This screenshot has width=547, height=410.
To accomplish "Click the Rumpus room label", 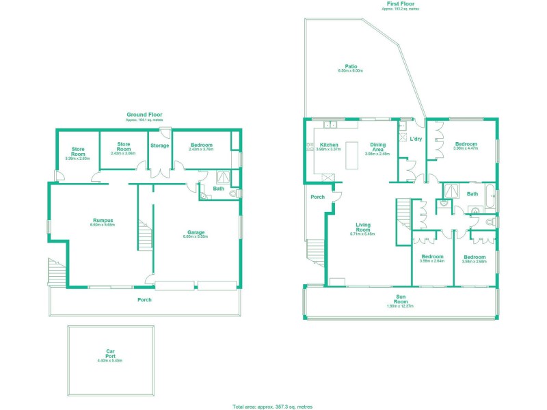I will (103, 221).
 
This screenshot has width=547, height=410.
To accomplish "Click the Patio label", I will (351, 66).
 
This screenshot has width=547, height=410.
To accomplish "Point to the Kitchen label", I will (330, 145).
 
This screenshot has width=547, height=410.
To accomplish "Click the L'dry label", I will (416, 139).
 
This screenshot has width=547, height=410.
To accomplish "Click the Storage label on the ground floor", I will (160, 146).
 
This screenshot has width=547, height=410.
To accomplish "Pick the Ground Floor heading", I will (144, 114).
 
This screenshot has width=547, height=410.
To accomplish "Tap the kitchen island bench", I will (353, 155).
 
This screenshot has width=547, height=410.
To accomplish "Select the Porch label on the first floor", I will (317, 197).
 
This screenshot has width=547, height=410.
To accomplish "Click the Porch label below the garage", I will (144, 299).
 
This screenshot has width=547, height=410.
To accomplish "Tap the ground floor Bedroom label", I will (202, 145).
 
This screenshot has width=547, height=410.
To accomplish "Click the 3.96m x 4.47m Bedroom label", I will (466, 144).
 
